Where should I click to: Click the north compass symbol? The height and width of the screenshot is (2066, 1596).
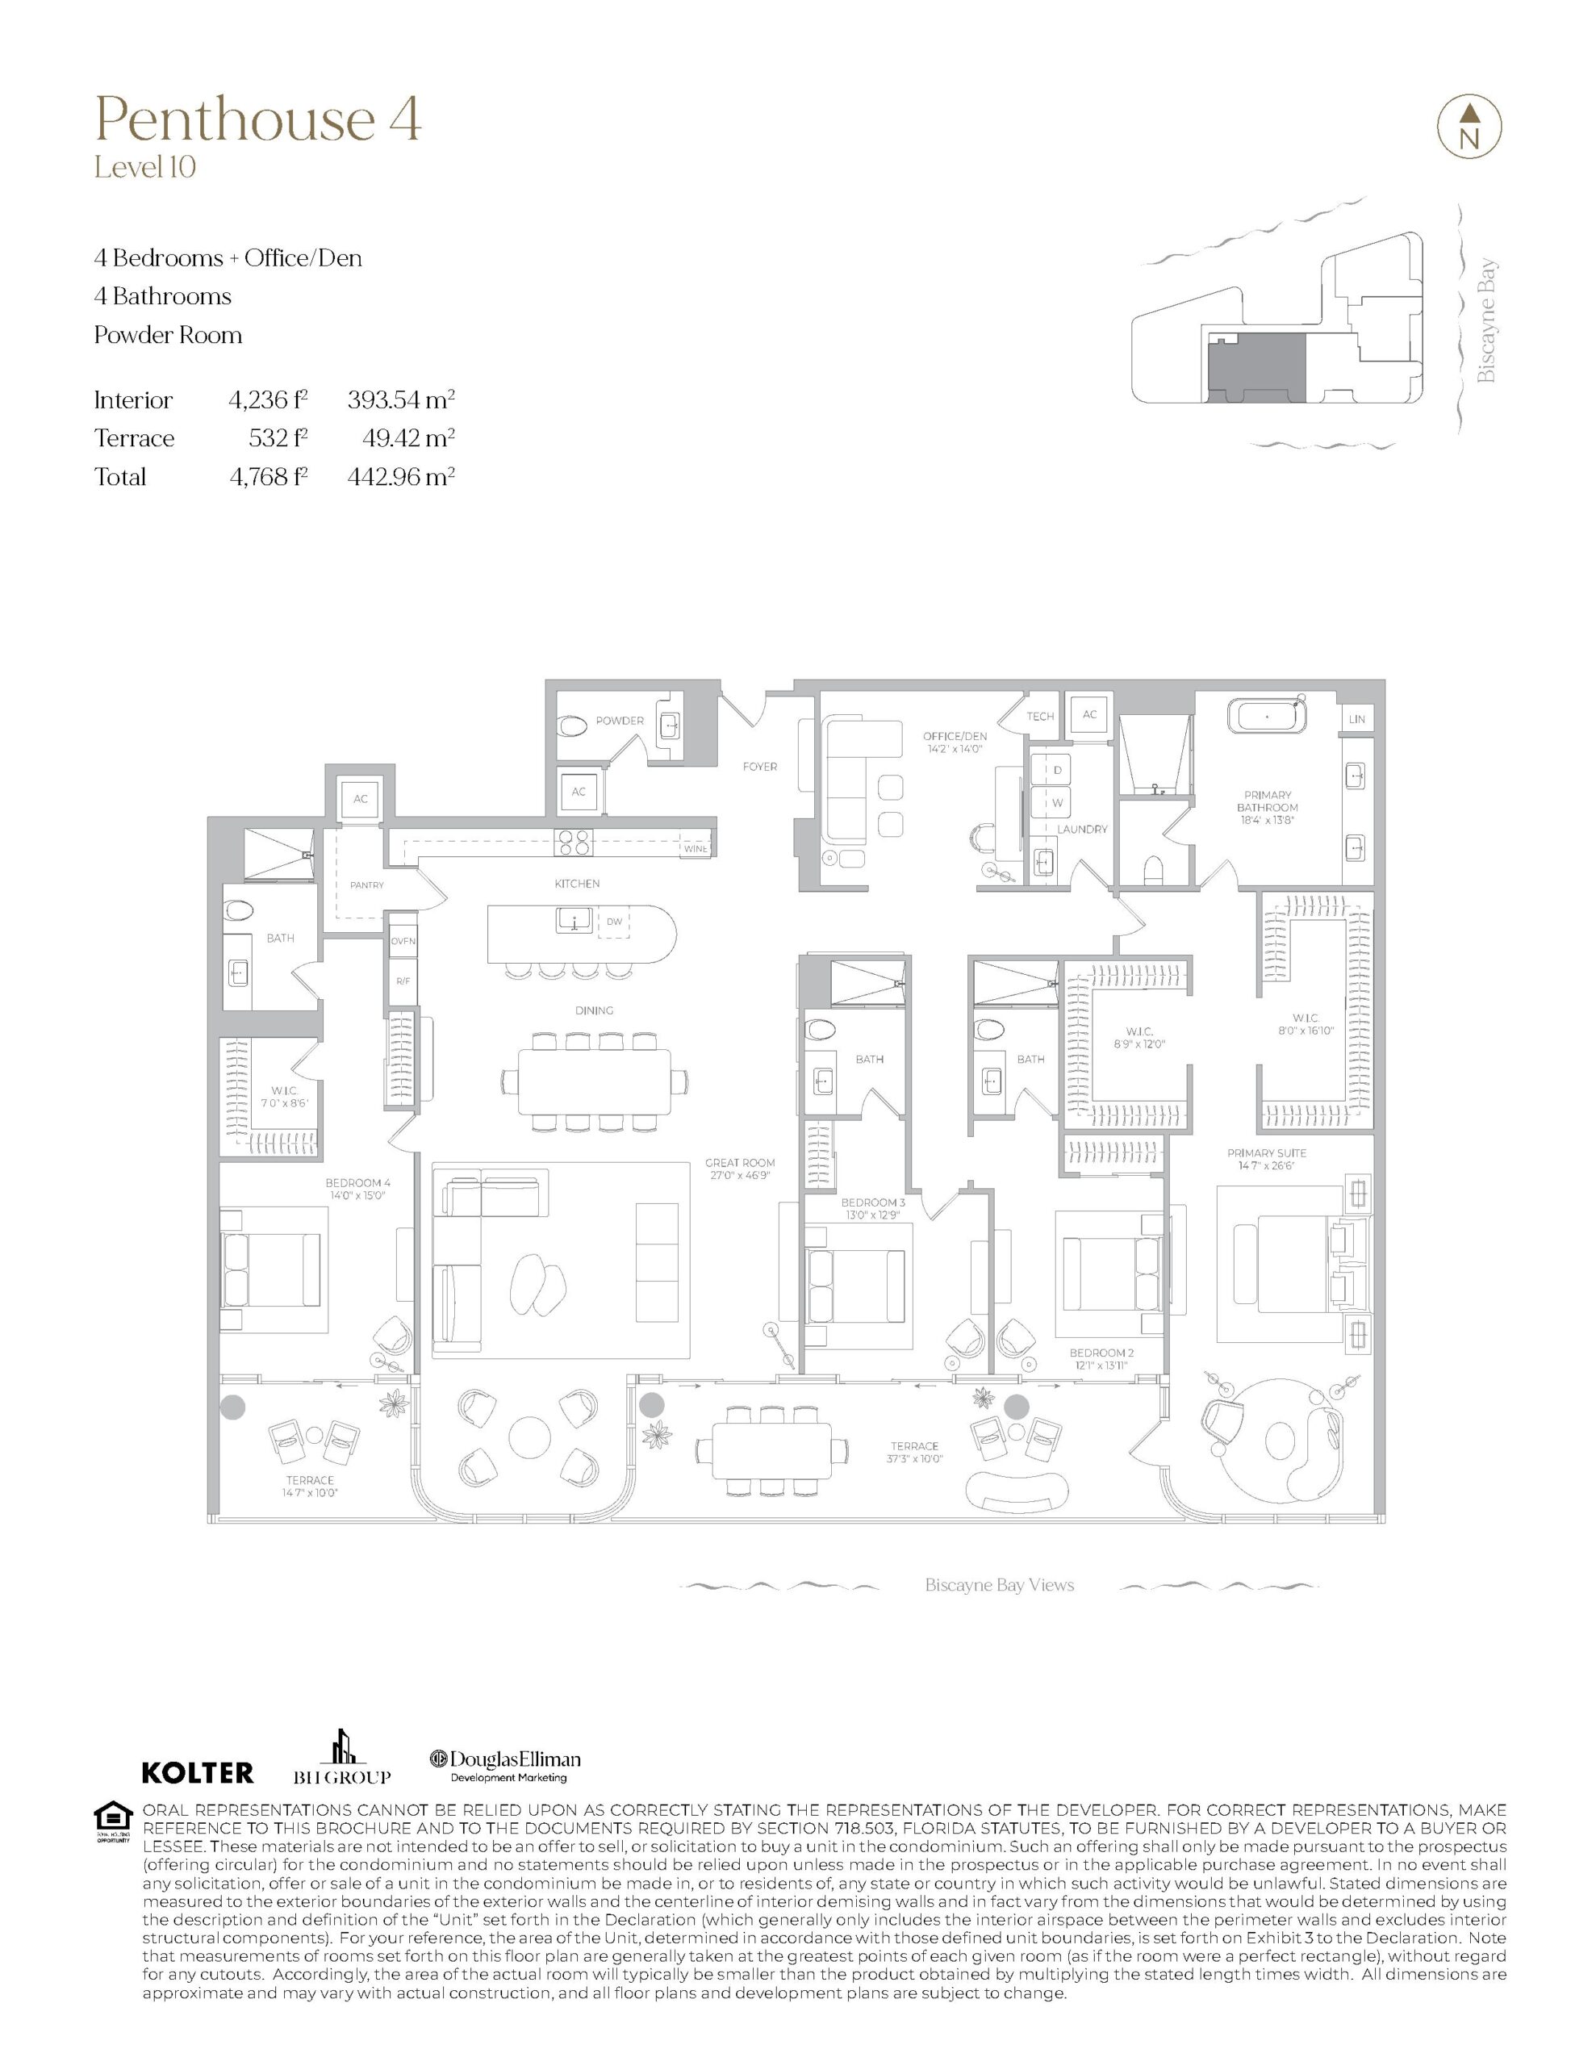(x=1469, y=125)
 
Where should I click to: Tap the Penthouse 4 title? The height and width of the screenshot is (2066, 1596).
(x=257, y=119)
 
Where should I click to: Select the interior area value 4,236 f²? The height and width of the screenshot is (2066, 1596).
(x=269, y=400)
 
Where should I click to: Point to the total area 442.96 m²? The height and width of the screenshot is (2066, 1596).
(x=401, y=477)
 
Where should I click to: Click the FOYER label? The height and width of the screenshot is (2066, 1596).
(x=760, y=766)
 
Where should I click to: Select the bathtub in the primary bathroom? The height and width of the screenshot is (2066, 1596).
(x=1267, y=714)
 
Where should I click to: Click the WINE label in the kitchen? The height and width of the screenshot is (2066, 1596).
(x=696, y=848)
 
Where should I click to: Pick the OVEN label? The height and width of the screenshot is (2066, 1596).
(x=402, y=941)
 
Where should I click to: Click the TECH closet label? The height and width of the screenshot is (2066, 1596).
(x=1041, y=716)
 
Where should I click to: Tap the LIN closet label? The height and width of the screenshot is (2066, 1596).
(x=1356, y=719)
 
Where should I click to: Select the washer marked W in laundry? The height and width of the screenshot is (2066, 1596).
(x=1058, y=802)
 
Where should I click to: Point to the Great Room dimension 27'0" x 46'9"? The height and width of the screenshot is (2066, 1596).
(x=740, y=1176)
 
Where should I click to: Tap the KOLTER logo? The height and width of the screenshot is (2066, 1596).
(x=198, y=1771)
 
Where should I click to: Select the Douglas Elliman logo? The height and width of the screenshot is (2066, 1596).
(x=505, y=1764)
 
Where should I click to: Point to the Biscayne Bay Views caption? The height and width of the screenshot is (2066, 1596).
(x=999, y=1584)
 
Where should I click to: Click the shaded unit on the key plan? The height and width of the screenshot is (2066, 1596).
(x=1255, y=367)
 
